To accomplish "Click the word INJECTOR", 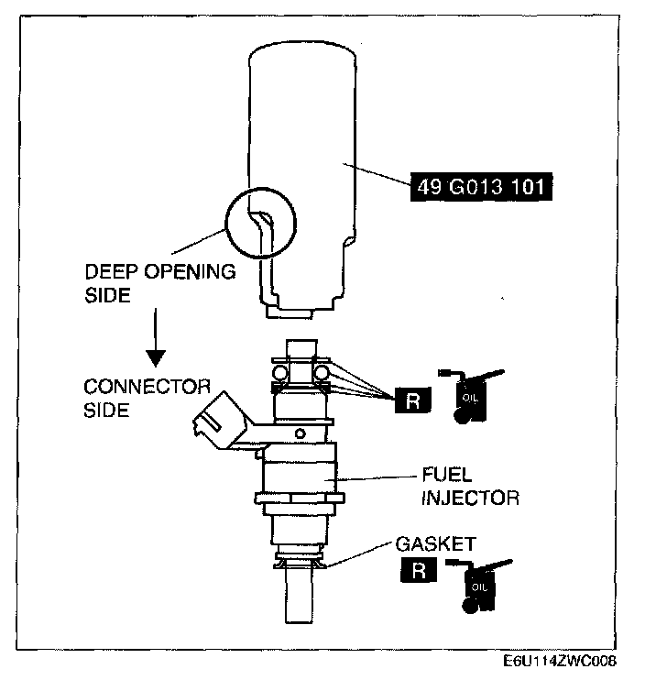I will pyautogui.click(x=470, y=499).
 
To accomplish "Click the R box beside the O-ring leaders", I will pyautogui.click(x=410, y=400).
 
